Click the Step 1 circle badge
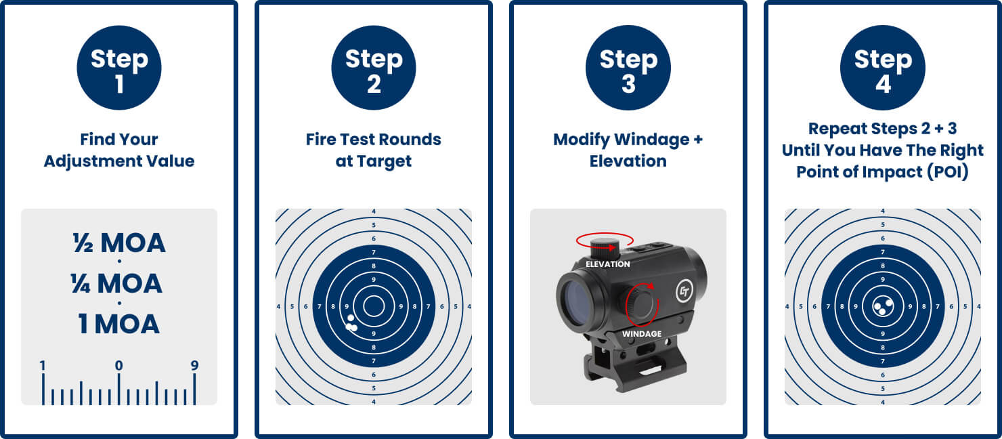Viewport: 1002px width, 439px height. (x=119, y=68)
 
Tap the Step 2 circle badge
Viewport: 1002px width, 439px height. (x=374, y=68)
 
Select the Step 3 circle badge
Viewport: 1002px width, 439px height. (x=628, y=68)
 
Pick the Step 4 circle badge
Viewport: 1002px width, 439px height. (x=883, y=68)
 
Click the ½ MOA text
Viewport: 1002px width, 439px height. (x=119, y=243)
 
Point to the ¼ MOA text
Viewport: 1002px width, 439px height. (x=116, y=284)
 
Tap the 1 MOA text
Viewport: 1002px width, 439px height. (x=118, y=324)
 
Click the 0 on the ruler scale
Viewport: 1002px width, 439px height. (x=118, y=366)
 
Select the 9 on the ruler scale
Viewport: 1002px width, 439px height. (x=194, y=366)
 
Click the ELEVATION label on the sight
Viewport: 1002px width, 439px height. (x=607, y=264)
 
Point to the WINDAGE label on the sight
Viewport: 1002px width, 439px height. (x=641, y=334)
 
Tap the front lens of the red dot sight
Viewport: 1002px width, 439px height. (x=576, y=299)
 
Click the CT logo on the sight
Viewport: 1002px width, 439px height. (x=684, y=291)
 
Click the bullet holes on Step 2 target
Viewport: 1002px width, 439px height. (x=351, y=323)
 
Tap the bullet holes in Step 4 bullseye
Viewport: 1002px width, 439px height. (x=883, y=306)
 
